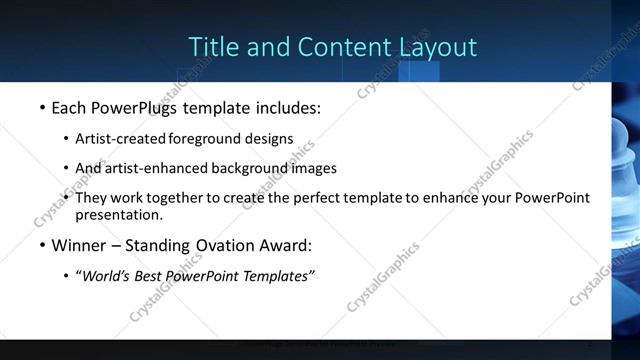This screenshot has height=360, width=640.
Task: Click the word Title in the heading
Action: (x=212, y=47)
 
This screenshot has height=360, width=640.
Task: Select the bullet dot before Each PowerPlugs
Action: (x=42, y=108)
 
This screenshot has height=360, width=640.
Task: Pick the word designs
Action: (x=272, y=139)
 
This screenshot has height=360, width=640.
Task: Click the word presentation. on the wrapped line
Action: (x=119, y=214)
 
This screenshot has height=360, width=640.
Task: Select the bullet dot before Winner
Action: (x=42, y=245)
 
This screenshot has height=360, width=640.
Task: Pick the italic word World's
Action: (x=105, y=276)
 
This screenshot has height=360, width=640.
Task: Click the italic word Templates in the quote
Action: (x=278, y=276)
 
